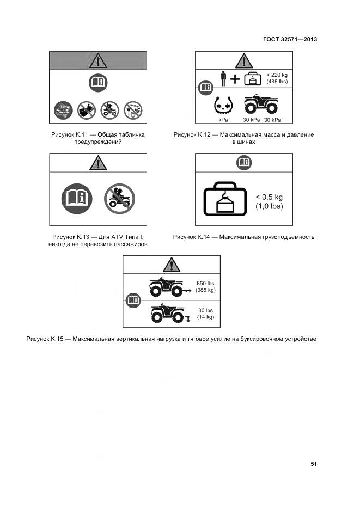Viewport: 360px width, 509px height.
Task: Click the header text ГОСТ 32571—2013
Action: coord(290,39)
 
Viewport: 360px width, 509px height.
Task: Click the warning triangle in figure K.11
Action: coord(98,60)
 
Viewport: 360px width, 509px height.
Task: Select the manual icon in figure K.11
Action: coord(98,83)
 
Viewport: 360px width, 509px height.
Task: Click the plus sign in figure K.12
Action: coord(235,79)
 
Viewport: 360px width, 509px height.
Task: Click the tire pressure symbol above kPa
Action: coord(223,103)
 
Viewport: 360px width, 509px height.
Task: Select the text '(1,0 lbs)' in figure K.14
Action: coord(270,207)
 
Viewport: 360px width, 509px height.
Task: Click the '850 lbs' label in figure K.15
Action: coord(205,283)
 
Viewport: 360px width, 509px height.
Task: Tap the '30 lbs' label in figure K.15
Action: coord(205,310)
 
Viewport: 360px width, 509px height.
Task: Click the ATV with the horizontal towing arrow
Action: coord(166,287)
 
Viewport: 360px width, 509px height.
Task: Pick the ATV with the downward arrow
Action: coord(167,314)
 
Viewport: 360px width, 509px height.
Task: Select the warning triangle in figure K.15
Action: coord(171,265)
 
